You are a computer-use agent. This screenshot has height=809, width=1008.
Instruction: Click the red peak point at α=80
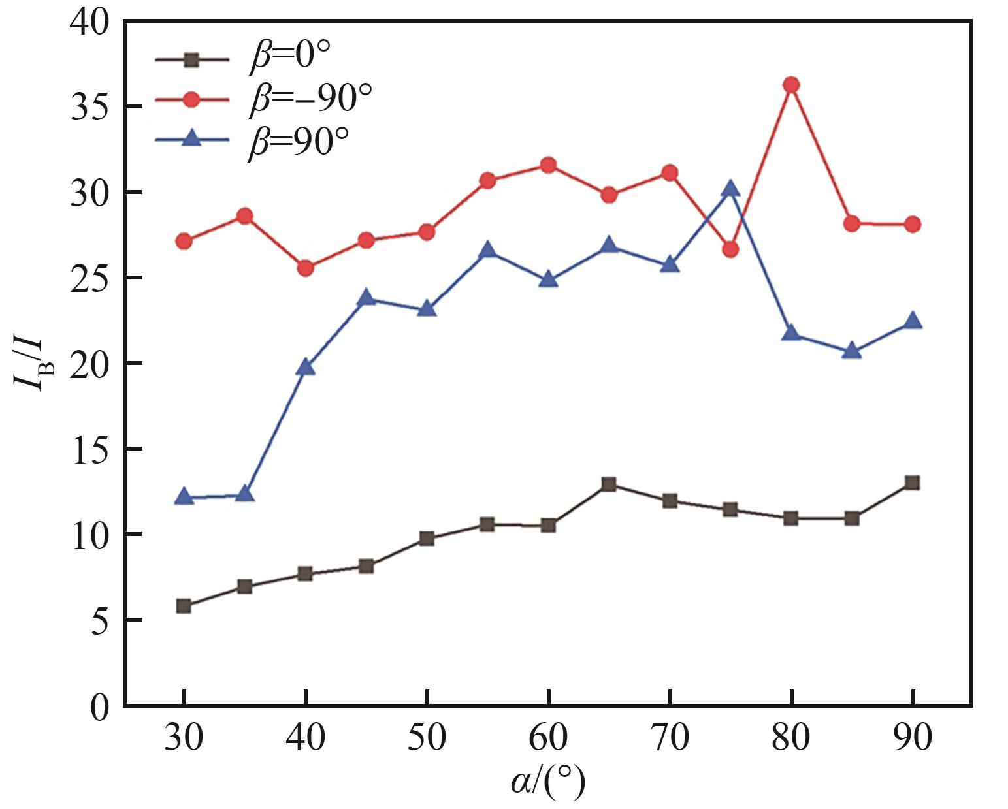click(x=791, y=84)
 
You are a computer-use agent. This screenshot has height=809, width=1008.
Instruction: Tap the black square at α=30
click(x=184, y=606)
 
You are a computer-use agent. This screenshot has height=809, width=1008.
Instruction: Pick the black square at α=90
click(x=913, y=483)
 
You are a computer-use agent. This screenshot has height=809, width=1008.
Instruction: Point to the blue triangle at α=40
click(x=305, y=368)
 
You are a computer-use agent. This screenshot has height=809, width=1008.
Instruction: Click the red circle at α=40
click(x=305, y=268)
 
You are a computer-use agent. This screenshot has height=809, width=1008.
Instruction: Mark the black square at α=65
click(x=609, y=484)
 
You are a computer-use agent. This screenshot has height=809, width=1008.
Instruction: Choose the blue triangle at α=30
click(x=184, y=497)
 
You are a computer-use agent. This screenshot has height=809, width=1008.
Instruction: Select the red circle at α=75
click(x=730, y=249)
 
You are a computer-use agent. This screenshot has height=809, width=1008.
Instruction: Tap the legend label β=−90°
click(x=310, y=99)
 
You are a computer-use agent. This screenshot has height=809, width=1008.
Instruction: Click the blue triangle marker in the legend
click(x=191, y=138)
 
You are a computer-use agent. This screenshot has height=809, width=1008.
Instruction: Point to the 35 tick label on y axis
click(x=90, y=107)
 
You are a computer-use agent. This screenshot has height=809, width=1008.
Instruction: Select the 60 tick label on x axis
click(x=548, y=738)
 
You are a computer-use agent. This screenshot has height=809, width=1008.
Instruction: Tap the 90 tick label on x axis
click(x=913, y=738)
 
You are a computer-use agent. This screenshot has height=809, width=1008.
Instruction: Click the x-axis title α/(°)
click(x=547, y=782)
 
